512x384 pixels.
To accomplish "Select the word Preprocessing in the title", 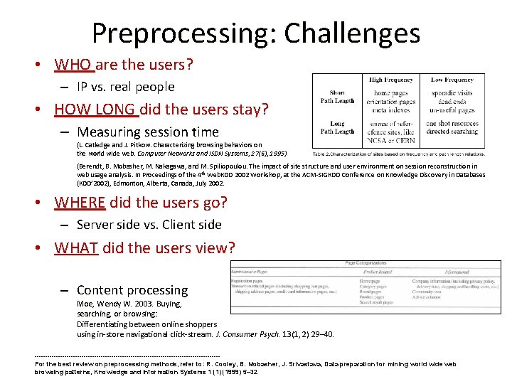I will coord(183,33).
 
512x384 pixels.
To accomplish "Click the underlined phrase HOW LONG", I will coord(96,110).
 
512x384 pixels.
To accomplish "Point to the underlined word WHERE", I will coord(80,202).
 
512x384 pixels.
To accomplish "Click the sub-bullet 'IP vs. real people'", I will coord(125,87).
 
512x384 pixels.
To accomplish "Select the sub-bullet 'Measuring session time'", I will coord(148,132).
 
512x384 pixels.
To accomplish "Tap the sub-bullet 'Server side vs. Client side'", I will coord(149,225).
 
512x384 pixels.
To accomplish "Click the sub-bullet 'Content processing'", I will coord(132,290).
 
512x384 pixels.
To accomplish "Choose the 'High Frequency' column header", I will coord(390,80).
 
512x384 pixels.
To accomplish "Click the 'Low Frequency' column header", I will coord(452,80).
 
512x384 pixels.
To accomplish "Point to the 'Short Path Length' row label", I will coord(337,97).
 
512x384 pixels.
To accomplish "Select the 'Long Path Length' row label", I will coord(337,127).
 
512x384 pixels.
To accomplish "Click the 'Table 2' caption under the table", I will coord(398,154).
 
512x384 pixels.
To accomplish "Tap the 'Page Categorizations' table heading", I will coord(366,264).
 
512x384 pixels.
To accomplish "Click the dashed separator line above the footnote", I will coord(127,356).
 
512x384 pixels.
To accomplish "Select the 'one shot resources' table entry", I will coord(452,124).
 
